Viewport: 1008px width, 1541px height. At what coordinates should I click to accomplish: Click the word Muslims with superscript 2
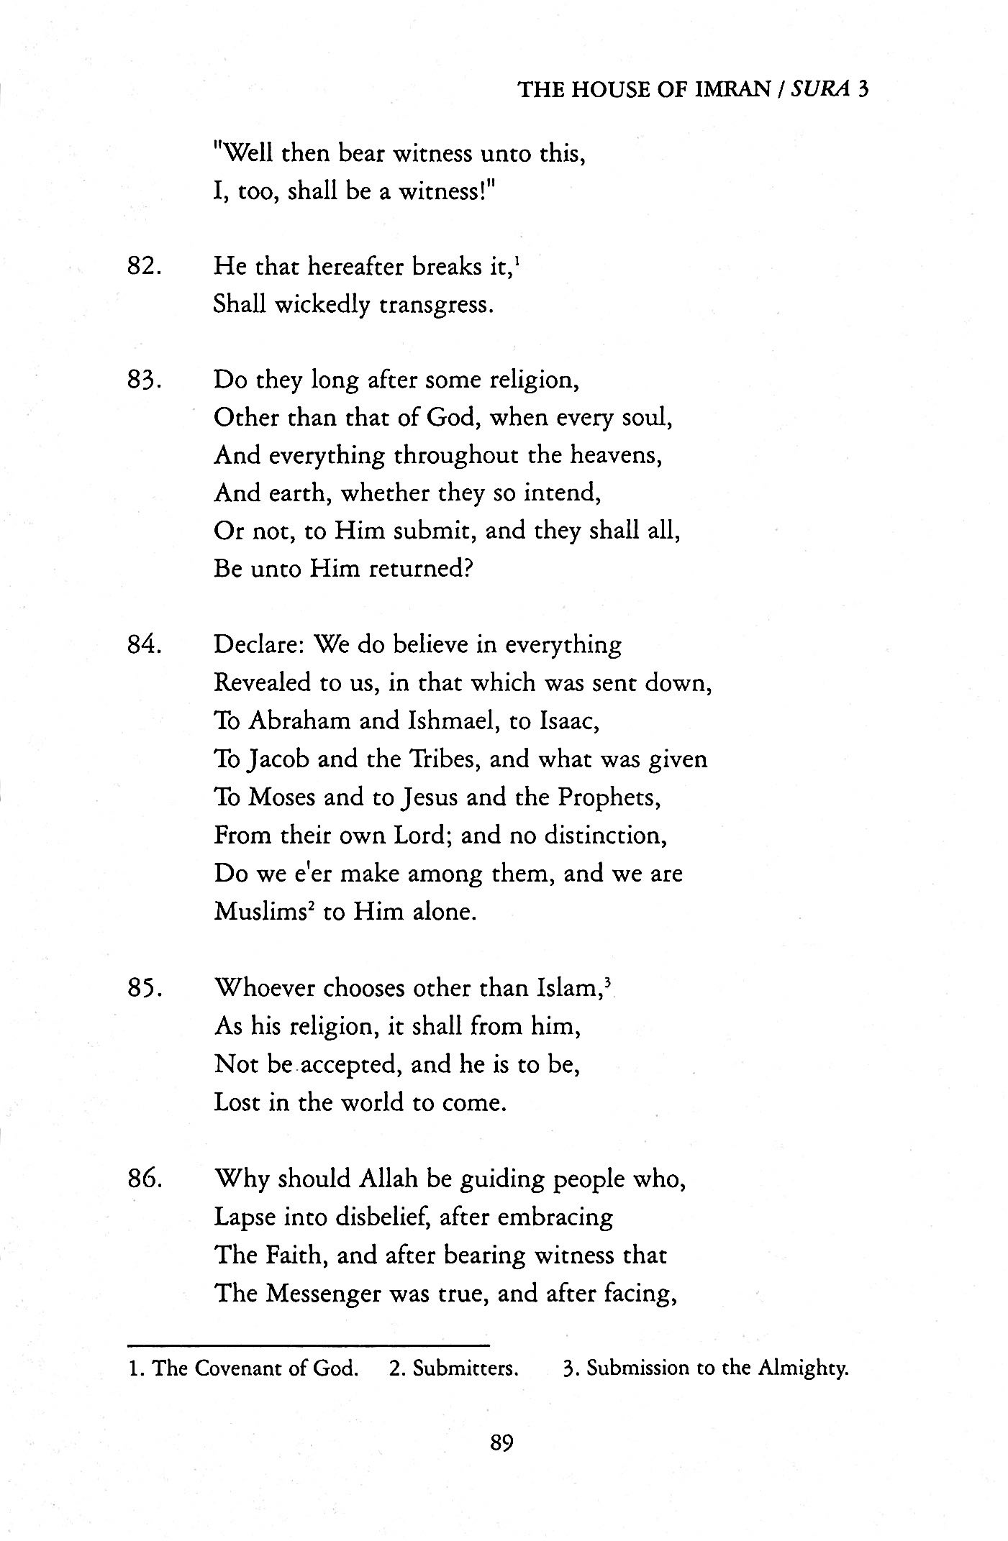pos(262,913)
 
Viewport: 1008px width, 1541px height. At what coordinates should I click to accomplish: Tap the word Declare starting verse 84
pos(260,644)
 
